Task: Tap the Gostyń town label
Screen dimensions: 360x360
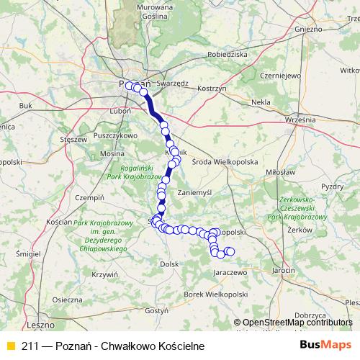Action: pyautogui.click(x=157, y=310)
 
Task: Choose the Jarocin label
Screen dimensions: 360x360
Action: pyautogui.click(x=284, y=269)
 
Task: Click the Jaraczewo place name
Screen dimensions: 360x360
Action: pyautogui.click(x=231, y=274)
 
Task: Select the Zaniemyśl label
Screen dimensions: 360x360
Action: pyautogui.click(x=195, y=193)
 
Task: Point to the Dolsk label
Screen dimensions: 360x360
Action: pyautogui.click(x=169, y=264)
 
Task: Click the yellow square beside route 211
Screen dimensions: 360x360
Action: pyautogui.click(x=9, y=346)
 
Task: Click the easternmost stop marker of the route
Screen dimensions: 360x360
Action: pyautogui.click(x=230, y=251)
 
